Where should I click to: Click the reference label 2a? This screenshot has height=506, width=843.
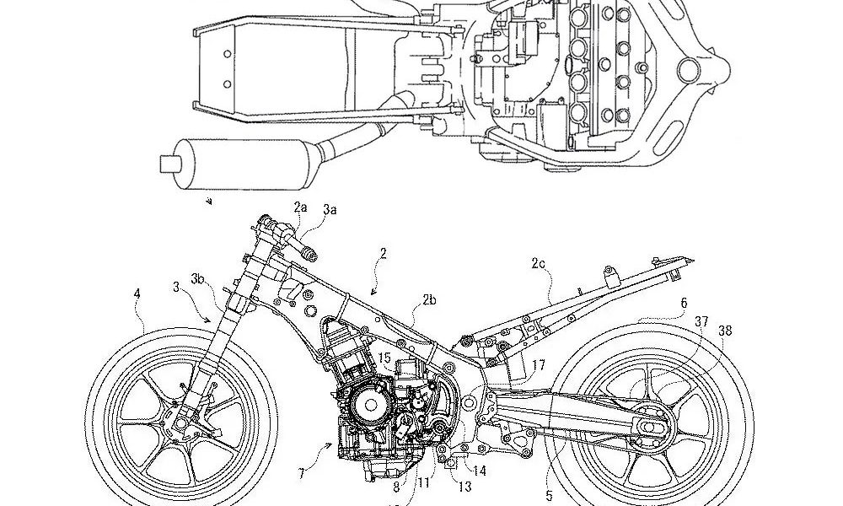pyautogui.click(x=301, y=207)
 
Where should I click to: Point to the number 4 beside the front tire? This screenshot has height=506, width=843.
pyautogui.click(x=137, y=294)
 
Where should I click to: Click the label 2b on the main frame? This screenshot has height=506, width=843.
pyautogui.click(x=429, y=299)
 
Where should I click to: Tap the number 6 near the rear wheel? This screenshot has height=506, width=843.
pyautogui.click(x=684, y=301)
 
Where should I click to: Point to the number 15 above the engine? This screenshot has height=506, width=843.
pyautogui.click(x=384, y=358)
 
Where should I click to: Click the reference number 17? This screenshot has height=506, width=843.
pyautogui.click(x=539, y=365)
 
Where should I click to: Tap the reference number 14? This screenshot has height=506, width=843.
pyautogui.click(x=479, y=471)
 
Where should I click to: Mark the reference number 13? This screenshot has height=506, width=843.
pyautogui.click(x=464, y=487)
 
